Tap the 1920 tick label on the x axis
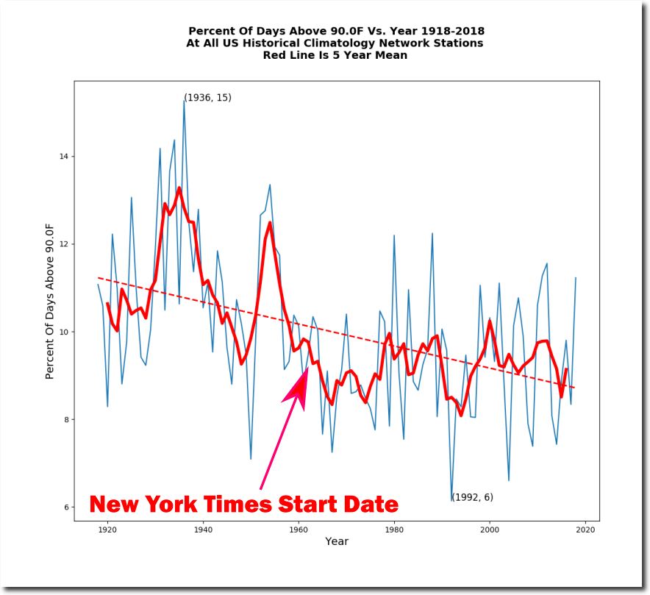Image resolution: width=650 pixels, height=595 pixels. tap(107, 529)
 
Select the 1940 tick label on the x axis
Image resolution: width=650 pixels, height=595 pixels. tap(203, 529)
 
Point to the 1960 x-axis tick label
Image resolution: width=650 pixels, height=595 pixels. tap(299, 529)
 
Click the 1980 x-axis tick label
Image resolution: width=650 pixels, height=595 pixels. tap(394, 529)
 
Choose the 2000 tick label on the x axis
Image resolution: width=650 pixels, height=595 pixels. tap(490, 529)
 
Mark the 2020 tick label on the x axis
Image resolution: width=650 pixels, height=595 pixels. tap(585, 529)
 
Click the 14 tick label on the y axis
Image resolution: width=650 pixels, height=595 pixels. tap(63, 157)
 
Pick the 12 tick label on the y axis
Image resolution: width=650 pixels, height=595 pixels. tap(63, 244)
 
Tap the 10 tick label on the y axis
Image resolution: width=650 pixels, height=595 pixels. tap(63, 332)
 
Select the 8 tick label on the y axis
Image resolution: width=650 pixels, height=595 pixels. tap(66, 420)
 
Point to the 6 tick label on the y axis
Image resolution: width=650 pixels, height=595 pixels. tap(66, 507)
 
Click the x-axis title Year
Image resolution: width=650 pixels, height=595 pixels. tap(337, 542)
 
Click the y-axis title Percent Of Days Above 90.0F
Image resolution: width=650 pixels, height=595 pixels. tap(50, 301)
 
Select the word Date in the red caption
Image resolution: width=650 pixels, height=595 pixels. tap(371, 505)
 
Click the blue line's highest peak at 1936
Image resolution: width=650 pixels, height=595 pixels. tap(184, 101)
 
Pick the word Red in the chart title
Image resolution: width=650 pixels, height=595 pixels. tap(276, 55)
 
